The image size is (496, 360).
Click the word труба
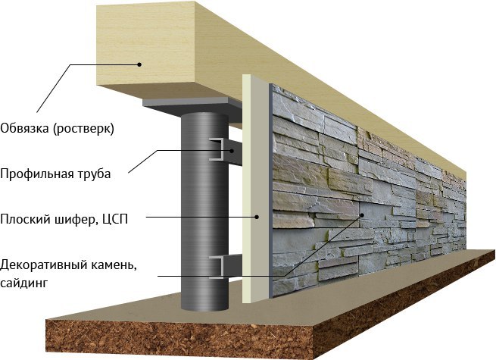click(x=95, y=174)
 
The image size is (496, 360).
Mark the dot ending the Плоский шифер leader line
click(x=257, y=218)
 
